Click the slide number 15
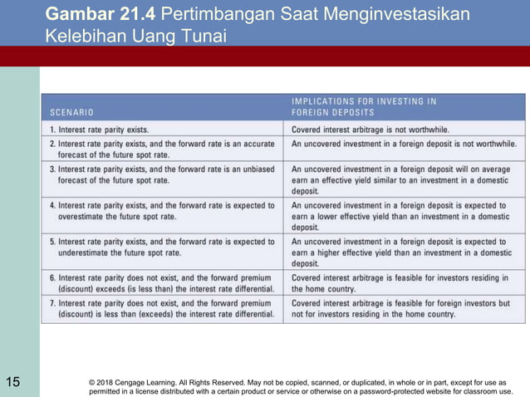click(12, 382)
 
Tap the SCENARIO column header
click(71, 111)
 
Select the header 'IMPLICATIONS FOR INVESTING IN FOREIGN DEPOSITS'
click(363, 106)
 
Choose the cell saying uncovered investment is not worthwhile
click(404, 144)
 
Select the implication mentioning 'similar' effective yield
click(401, 179)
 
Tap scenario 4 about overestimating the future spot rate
click(162, 211)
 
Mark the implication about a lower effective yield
click(401, 216)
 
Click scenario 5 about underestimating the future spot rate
click(162, 247)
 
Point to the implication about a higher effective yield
click(401, 252)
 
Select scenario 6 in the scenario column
click(162, 283)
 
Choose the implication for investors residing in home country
click(401, 283)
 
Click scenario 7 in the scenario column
click(162, 309)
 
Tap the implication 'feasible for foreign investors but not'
click(401, 309)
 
